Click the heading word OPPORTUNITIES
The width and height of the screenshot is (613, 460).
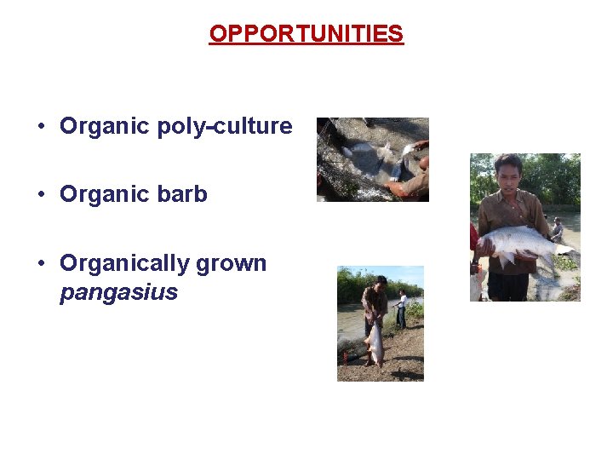point(306,34)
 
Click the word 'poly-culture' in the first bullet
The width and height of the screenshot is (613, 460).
point(225,127)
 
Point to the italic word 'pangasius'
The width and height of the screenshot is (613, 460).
point(118,293)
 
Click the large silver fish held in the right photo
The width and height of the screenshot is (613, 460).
point(519,241)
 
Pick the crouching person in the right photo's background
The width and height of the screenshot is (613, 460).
point(557,228)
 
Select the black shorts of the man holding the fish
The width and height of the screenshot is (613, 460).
point(508,286)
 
